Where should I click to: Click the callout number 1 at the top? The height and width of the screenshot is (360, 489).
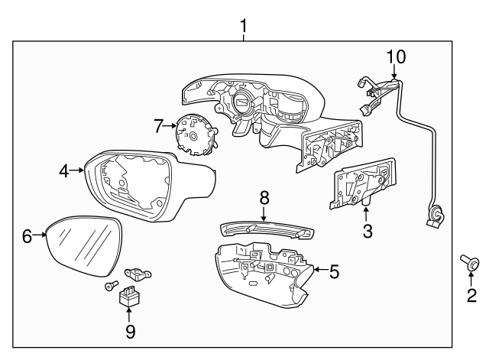[244, 27]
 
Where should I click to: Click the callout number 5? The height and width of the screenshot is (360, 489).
[333, 270]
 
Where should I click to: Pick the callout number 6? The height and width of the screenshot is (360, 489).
[27, 236]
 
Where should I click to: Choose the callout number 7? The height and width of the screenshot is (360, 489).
[159, 124]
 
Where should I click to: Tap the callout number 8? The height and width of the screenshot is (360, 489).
[264, 198]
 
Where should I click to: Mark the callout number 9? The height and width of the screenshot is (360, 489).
[130, 331]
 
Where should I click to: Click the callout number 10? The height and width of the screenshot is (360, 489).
[396, 56]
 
